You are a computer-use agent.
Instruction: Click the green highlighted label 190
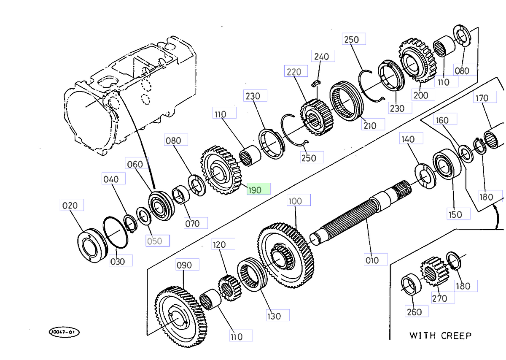pyautogui.click(x=258, y=190)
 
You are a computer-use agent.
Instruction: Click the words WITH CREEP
pyautogui.click(x=440, y=336)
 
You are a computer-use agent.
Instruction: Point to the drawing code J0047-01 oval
pyautogui.click(x=64, y=333)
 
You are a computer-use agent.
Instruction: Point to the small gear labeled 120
pyautogui.click(x=229, y=288)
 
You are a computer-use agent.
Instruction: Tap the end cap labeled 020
pyautogui.click(x=91, y=246)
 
